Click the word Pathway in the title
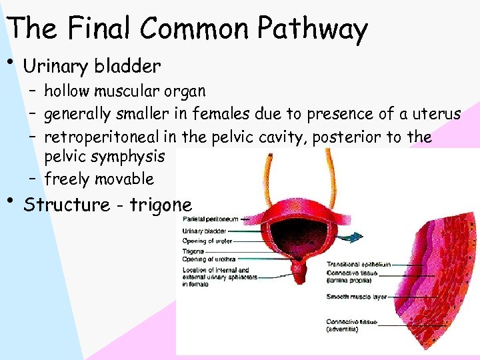(313, 29)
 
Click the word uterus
(437, 114)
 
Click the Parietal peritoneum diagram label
(210, 219)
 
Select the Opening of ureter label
(207, 241)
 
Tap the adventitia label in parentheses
(342, 329)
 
